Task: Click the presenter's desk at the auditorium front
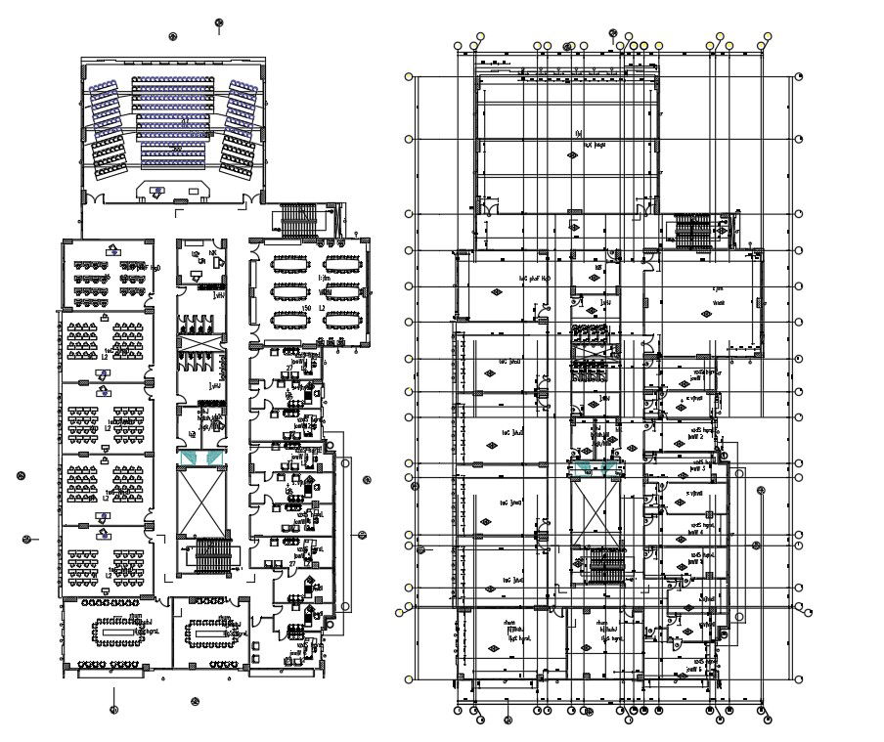(176, 190)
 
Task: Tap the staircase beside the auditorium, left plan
(299, 220)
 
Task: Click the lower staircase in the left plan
(214, 556)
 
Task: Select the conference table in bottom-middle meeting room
(208, 633)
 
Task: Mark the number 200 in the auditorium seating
(176, 148)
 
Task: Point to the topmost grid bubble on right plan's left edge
(409, 74)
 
